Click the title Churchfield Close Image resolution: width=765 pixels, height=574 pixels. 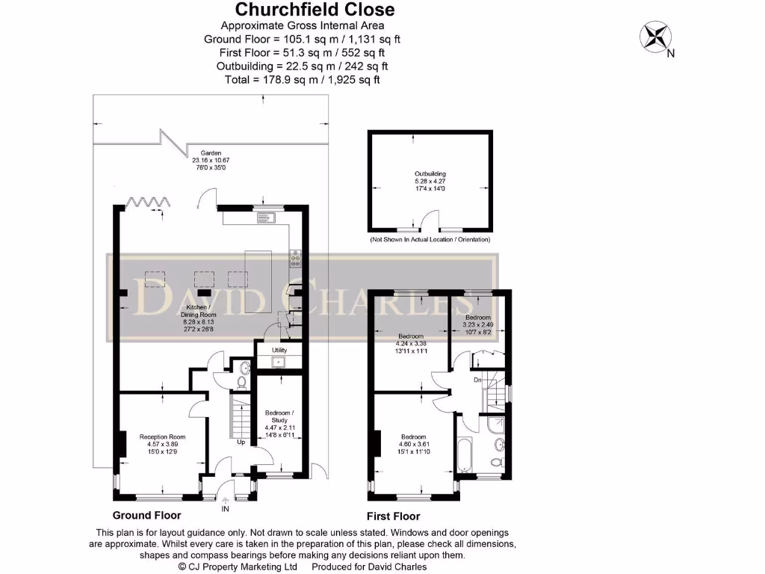click(315, 10)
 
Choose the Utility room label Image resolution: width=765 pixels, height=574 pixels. click(279, 350)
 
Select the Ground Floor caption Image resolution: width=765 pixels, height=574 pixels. click(146, 516)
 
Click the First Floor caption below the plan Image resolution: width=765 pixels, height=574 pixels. click(393, 516)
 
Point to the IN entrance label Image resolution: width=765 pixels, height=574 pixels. click(225, 510)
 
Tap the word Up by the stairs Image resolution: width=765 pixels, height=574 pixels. click(241, 442)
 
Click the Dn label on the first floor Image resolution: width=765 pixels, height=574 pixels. click(477, 381)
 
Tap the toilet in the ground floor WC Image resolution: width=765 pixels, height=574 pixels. click(241, 382)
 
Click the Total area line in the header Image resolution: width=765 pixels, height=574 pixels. click(302, 79)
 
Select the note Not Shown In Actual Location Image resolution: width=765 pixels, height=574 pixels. click(430, 240)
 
